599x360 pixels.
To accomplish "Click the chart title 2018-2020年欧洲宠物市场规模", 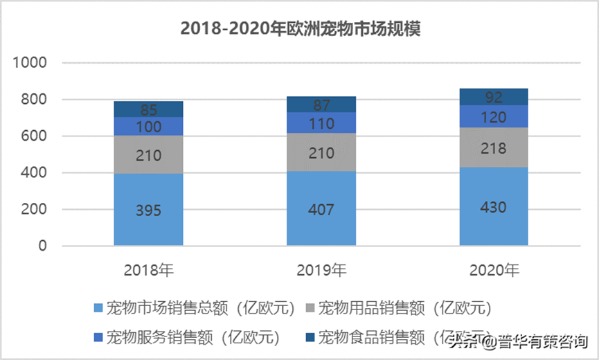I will (300, 29).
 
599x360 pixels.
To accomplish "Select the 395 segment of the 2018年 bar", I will (148, 210).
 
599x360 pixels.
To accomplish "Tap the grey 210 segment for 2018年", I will (148, 154).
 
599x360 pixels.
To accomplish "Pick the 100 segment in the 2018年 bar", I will (148, 126).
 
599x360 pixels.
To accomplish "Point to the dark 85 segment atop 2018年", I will (148, 109).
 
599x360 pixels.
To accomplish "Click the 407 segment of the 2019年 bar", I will (321, 208).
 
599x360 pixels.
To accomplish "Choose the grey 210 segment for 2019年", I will (321, 152).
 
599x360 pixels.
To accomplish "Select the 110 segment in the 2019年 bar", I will (321, 123).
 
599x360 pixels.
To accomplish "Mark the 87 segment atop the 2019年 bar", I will (321, 105).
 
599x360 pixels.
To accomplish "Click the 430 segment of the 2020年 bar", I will (494, 206).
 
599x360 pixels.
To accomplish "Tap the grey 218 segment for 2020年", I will (494, 147).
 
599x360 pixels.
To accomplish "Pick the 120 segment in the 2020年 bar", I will (494, 116).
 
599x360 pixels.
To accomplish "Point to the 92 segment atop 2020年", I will (494, 97).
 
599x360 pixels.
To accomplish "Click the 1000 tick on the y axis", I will (30, 63).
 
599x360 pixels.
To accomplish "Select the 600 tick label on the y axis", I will (33, 136).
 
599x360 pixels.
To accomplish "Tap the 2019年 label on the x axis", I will (321, 270).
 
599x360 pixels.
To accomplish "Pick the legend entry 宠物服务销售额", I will (186, 337).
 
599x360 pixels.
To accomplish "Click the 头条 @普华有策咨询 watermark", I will (518, 341).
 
